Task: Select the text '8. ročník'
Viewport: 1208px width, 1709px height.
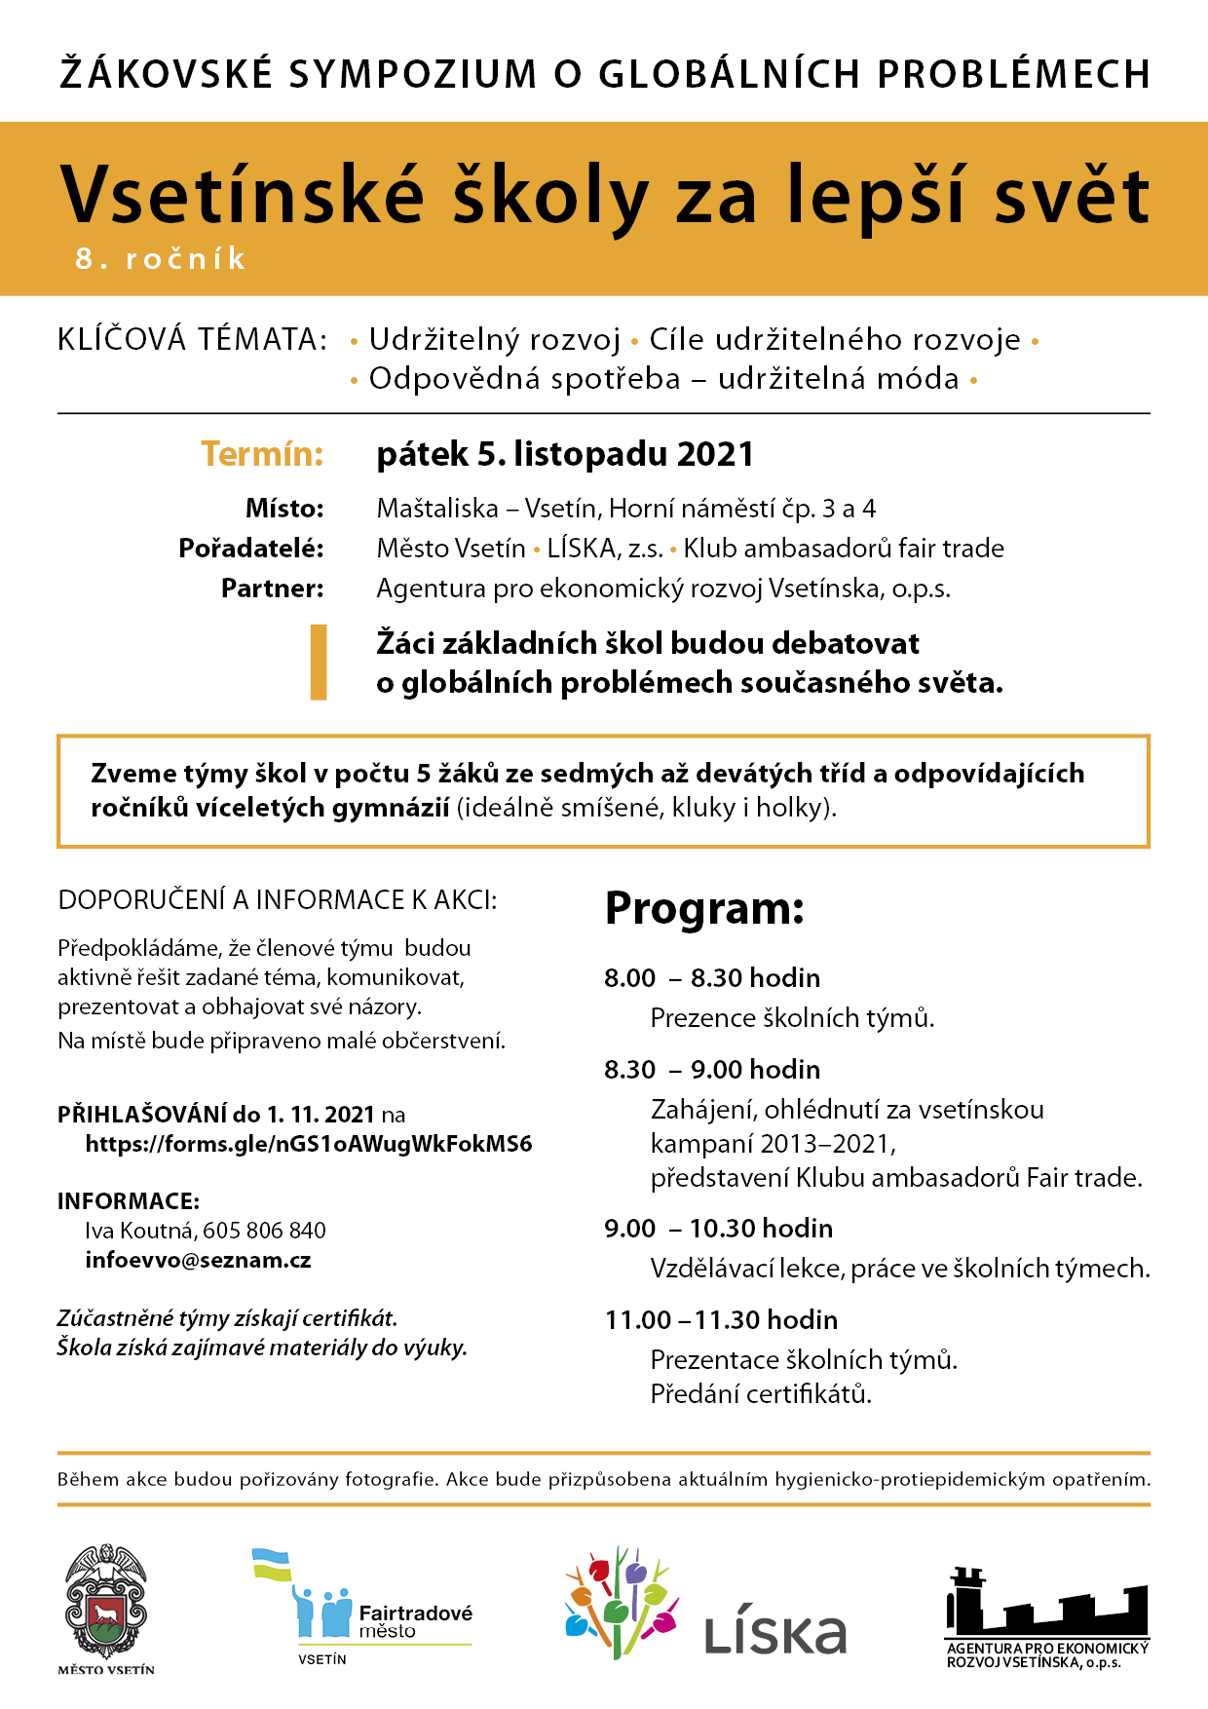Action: [161, 259]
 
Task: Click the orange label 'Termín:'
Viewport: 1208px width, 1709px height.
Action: [262, 454]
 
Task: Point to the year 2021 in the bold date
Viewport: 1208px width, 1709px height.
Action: [715, 454]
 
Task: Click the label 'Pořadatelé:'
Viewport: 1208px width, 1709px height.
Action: [251, 549]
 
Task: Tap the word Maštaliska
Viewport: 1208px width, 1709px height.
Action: [437, 509]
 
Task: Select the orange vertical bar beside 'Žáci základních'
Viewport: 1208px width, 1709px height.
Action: [318, 663]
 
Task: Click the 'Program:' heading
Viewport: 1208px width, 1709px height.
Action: [704, 908]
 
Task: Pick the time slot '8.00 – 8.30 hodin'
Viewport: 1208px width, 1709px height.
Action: [712, 978]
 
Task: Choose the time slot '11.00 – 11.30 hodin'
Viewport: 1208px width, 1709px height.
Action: [721, 1320]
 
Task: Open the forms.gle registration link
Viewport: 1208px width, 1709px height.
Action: [309, 1144]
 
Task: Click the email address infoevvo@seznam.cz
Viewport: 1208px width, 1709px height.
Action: [198, 1261]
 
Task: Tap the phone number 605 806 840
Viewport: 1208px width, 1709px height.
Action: [264, 1231]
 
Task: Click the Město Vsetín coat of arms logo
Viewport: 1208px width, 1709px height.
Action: [106, 1603]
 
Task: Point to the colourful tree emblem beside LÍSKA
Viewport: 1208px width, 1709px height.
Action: [621, 1603]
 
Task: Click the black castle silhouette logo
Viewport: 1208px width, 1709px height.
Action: [1047, 1608]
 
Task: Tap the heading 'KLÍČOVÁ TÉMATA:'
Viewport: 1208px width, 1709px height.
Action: [193, 340]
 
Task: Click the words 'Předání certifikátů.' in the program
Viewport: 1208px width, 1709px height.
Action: [761, 1394]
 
